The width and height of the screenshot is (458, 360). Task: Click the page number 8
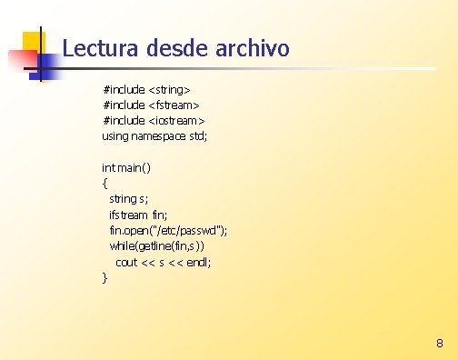click(440, 344)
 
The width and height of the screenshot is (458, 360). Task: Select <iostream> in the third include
click(176, 121)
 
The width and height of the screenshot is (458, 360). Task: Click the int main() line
click(126, 167)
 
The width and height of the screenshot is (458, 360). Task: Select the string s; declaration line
click(129, 198)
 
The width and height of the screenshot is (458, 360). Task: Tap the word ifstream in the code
click(128, 215)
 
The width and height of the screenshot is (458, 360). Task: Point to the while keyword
click(122, 245)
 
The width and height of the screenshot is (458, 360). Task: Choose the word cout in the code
click(126, 262)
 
